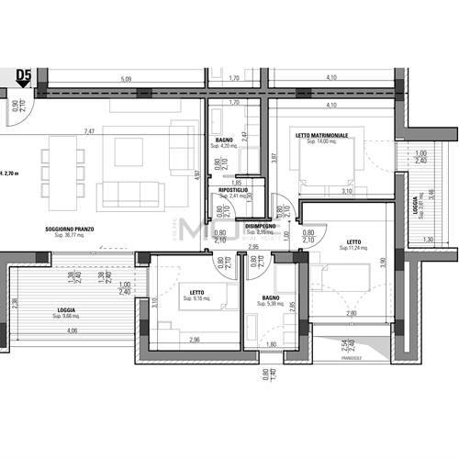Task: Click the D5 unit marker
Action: click(x=23, y=74)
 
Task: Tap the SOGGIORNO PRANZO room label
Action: click(x=73, y=228)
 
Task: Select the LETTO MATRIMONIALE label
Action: click(x=321, y=136)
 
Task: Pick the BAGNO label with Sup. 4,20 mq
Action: click(x=224, y=140)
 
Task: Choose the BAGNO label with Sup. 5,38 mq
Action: click(x=270, y=297)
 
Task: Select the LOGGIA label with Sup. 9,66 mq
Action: click(x=66, y=310)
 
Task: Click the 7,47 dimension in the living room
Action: click(x=90, y=131)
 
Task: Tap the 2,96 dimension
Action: click(x=194, y=341)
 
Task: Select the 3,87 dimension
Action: click(x=274, y=157)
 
